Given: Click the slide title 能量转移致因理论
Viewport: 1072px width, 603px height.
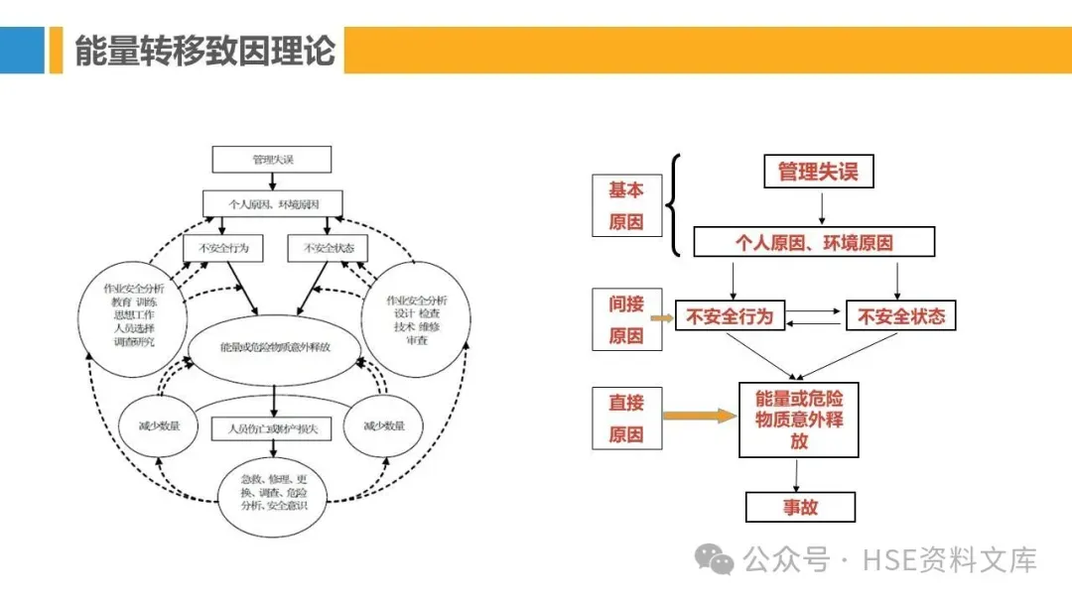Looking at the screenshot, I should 204,50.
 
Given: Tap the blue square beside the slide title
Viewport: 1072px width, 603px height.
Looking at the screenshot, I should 22,50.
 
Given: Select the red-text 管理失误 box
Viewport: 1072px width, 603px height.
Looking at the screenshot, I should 818,172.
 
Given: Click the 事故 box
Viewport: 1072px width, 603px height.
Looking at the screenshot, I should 800,507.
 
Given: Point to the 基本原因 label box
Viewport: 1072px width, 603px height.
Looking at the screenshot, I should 625,205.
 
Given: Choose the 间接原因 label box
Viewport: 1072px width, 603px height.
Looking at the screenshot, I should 625,319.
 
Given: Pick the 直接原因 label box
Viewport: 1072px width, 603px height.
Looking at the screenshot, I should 625,418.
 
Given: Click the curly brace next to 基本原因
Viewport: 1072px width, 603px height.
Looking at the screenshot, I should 674,206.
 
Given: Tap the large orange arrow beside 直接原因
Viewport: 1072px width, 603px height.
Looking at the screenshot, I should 700,416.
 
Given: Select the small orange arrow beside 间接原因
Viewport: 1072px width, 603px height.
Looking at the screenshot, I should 662,317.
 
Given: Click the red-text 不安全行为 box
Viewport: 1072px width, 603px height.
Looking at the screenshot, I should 729,317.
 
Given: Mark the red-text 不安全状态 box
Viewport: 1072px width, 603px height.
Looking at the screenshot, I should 900,317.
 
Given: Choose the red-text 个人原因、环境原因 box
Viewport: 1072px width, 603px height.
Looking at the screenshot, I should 813,242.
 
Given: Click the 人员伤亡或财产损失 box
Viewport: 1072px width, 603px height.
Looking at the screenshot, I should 271,428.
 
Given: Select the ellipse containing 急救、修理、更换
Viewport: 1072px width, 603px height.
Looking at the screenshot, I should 273,492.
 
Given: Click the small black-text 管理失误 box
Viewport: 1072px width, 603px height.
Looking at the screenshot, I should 272,159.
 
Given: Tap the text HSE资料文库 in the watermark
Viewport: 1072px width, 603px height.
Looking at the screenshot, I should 950,560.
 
